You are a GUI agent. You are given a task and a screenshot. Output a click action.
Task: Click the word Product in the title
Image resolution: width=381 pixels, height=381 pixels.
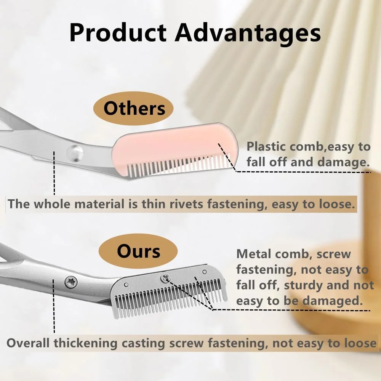tap(118, 32)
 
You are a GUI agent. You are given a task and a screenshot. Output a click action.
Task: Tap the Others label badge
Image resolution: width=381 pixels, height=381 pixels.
tap(133, 108)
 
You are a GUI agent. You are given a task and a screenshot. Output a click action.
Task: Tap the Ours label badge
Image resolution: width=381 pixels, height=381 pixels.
tap(138, 251)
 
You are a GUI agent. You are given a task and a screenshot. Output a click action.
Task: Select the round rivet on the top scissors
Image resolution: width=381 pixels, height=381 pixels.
tap(75, 153)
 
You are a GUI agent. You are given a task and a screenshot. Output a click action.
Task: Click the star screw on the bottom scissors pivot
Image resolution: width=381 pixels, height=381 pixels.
tap(71, 282)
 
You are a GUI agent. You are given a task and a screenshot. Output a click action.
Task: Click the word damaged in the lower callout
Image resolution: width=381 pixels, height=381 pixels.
tap(333, 301)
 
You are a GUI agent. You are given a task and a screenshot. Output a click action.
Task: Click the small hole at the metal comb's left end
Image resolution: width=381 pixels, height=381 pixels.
tap(126, 284)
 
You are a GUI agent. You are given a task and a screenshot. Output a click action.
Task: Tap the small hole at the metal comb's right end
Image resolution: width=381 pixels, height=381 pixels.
tap(205, 271)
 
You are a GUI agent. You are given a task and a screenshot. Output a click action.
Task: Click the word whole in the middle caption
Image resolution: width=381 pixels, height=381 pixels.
tap(51, 204)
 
